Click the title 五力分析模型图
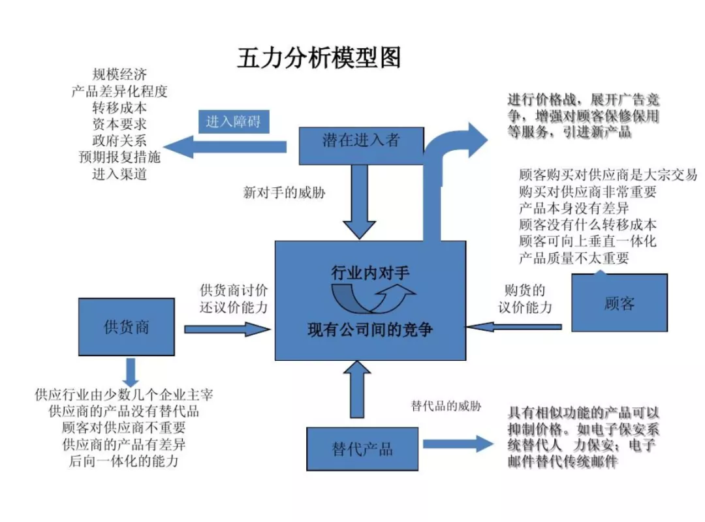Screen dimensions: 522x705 [x=319, y=58]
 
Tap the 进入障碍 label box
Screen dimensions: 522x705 [x=233, y=121]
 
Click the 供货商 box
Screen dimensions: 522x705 [x=126, y=326]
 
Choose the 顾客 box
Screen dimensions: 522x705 [x=619, y=303]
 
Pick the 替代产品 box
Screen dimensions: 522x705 [x=362, y=449]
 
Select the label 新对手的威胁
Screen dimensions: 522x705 [x=284, y=193]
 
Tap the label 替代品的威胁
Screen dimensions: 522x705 [x=446, y=406]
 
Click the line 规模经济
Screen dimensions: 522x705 [x=119, y=74]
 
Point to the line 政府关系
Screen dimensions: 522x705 [x=119, y=140]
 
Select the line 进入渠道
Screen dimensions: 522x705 [x=119, y=174]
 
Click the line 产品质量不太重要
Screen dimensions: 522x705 [x=574, y=258]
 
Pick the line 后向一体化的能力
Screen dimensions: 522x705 [x=123, y=462]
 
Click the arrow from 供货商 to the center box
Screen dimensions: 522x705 [x=226, y=329]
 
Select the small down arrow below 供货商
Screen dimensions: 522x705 [x=131, y=371]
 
